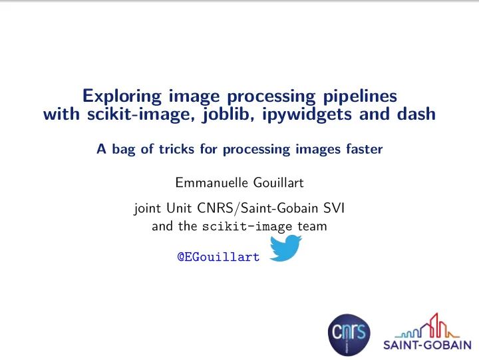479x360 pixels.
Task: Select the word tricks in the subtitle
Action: click(178, 150)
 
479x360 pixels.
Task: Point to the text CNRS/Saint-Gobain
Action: click(259, 210)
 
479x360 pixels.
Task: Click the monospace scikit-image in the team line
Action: click(239, 227)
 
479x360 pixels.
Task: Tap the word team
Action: click(312, 226)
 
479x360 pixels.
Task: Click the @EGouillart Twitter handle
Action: click(218, 257)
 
